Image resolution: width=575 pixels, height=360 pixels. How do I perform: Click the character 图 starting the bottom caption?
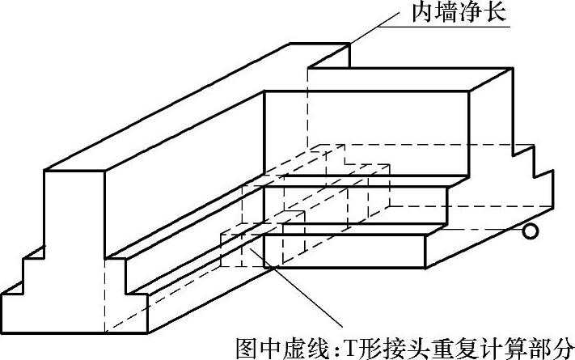(x=247, y=346)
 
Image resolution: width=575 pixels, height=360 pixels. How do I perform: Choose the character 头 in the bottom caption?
(x=417, y=346)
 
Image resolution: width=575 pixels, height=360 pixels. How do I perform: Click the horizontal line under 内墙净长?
(x=453, y=28)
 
